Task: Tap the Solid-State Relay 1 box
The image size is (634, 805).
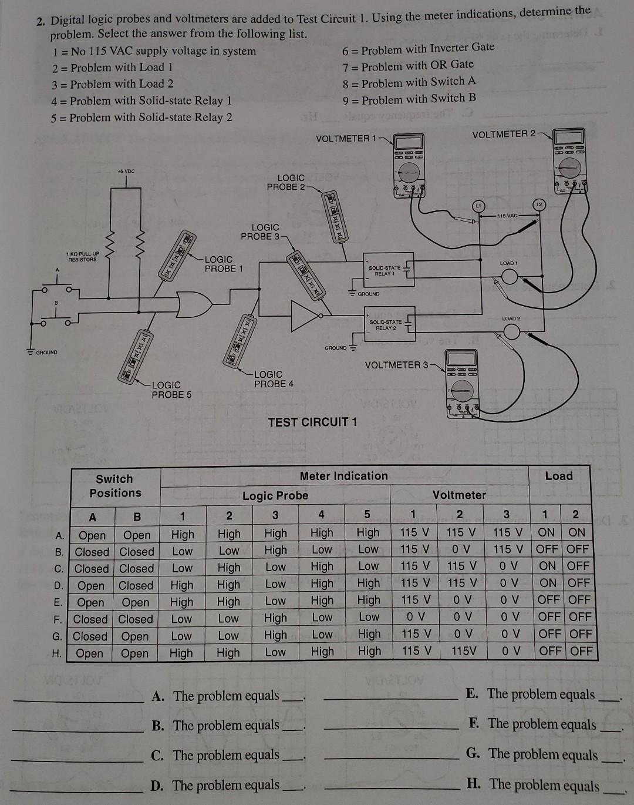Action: [387, 271]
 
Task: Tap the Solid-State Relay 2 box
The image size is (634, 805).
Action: [389, 325]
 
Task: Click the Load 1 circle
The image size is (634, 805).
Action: [509, 276]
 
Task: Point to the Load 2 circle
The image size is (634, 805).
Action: [511, 332]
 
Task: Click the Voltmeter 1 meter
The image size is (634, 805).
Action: [409, 164]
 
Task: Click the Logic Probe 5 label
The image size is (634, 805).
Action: [171, 390]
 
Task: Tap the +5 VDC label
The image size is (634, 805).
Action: [126, 171]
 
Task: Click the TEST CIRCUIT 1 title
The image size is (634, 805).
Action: [312, 422]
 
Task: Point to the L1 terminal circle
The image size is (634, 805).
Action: [478, 206]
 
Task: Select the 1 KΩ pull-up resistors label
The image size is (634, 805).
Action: [83, 257]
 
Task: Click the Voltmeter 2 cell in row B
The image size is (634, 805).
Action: [460, 549]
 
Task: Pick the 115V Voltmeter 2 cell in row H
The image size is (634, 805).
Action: [463, 651]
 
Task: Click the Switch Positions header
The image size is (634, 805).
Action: [115, 486]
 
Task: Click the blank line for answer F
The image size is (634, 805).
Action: [390, 729]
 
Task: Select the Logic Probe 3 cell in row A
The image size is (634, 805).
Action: [275, 533]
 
